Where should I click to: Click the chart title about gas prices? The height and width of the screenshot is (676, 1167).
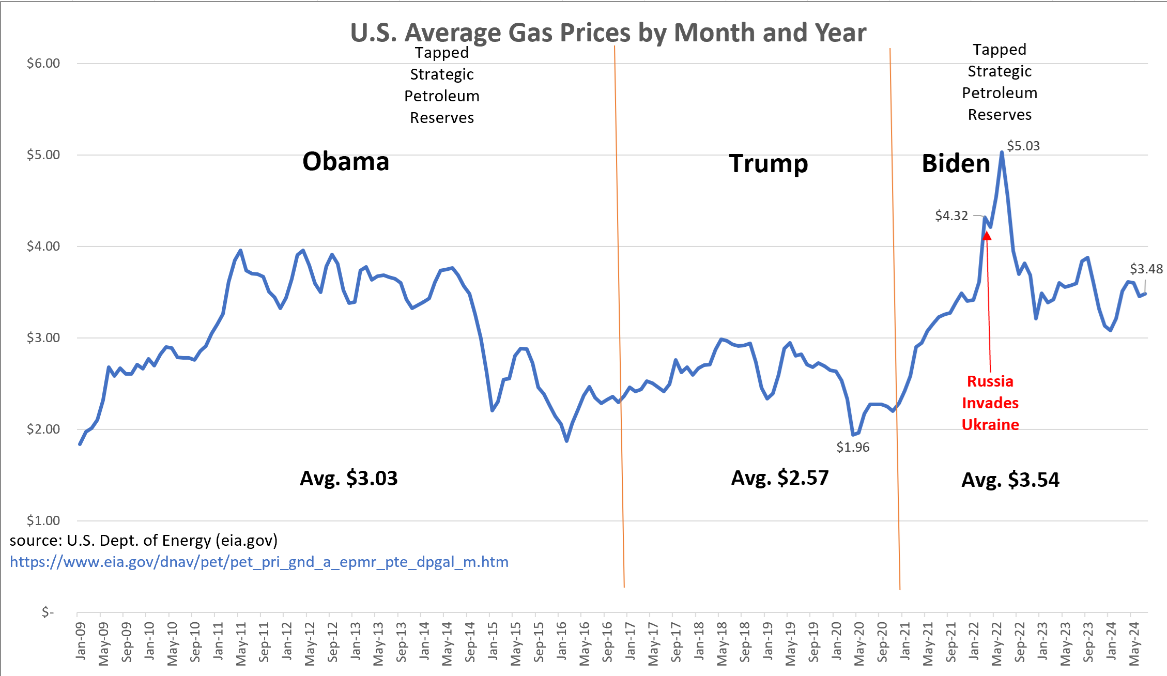pos(608,33)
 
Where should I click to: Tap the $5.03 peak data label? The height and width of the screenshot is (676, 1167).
pos(1023,146)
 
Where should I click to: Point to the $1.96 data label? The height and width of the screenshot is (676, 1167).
pos(853,447)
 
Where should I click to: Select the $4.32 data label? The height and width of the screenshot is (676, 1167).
pos(951,216)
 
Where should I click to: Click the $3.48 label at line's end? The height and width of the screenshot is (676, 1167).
pos(1146,269)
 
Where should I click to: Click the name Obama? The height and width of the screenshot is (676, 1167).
pos(345,162)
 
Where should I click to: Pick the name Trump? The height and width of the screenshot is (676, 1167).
pos(768,164)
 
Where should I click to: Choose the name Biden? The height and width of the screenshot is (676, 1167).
pos(956,164)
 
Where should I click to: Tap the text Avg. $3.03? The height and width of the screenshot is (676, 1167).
pos(349,478)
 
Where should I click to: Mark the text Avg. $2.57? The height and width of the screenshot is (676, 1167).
pos(779,478)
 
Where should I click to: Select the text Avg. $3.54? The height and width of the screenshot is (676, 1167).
pos(1010,480)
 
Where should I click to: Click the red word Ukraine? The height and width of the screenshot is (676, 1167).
pos(990,425)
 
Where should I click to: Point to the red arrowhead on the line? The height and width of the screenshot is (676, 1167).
pos(987,236)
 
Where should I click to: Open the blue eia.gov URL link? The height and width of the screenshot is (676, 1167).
pos(259,562)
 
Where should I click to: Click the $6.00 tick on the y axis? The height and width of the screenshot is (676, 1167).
pos(43,64)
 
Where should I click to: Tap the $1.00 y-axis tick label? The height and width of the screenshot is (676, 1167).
pos(43,520)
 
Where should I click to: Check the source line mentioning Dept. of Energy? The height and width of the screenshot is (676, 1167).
pos(144,541)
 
